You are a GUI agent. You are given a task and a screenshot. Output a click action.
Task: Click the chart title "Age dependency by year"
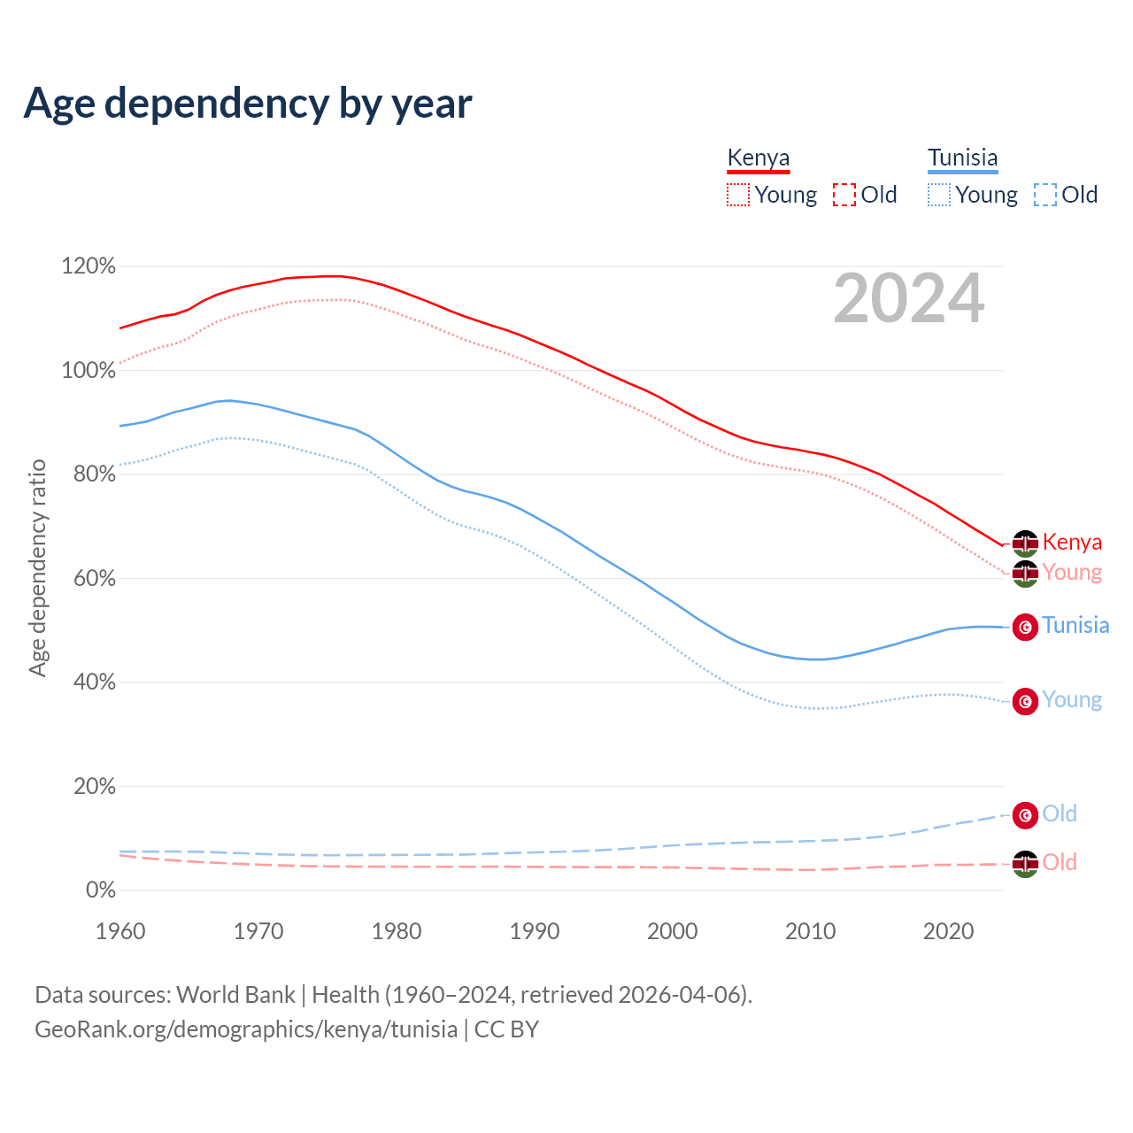248,104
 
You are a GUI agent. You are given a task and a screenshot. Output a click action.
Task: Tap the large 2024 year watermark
908,298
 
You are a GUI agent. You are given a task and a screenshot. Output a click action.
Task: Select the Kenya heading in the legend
758,158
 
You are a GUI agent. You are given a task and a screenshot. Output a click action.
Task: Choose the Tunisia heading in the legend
962,158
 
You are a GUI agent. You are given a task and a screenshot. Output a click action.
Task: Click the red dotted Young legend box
737,195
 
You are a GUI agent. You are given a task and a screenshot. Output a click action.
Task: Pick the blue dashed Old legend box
1044,195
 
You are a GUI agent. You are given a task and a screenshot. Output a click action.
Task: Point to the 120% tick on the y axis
89,266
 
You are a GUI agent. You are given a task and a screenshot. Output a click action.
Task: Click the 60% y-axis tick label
89,579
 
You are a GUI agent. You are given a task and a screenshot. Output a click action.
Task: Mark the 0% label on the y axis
100,890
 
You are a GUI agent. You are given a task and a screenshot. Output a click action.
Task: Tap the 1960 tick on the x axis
120,931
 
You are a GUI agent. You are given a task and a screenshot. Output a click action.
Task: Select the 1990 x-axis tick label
535,931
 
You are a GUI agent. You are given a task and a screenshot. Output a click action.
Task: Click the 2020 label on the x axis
948,931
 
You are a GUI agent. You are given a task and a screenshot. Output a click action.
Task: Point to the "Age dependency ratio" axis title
37,567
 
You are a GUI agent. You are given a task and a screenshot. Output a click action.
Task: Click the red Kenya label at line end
1072,542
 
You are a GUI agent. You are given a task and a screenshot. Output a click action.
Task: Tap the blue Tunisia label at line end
1075,625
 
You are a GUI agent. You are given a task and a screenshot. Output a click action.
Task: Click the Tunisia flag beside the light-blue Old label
1025,815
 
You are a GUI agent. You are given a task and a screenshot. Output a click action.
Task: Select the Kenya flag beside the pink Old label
1025,864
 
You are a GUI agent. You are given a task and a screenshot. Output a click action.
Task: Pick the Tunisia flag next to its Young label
1025,701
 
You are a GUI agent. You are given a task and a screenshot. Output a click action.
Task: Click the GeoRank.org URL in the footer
246,1029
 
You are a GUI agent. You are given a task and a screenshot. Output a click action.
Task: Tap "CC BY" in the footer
506,1029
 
